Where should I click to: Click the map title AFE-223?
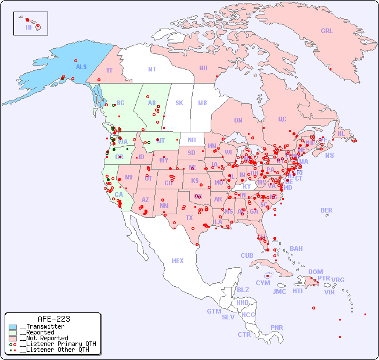click(x=53, y=319)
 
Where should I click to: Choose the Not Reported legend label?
click(x=43, y=338)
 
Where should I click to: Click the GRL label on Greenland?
click(x=327, y=31)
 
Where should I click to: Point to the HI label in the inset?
click(x=28, y=27)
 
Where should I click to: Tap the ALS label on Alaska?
click(x=81, y=67)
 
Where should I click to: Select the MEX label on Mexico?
click(x=178, y=261)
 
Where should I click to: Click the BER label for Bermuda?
click(x=327, y=210)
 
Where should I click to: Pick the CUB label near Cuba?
click(x=247, y=255)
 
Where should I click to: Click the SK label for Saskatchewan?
click(x=179, y=103)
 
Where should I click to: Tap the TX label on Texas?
click(x=189, y=218)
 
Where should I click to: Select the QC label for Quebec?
click(x=282, y=119)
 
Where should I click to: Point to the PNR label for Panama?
click(x=277, y=327)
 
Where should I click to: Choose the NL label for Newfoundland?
click(x=341, y=133)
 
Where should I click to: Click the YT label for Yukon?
click(x=109, y=70)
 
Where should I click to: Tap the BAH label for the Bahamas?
click(x=296, y=249)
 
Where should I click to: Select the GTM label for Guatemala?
click(x=214, y=311)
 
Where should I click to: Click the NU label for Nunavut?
click(x=203, y=68)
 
